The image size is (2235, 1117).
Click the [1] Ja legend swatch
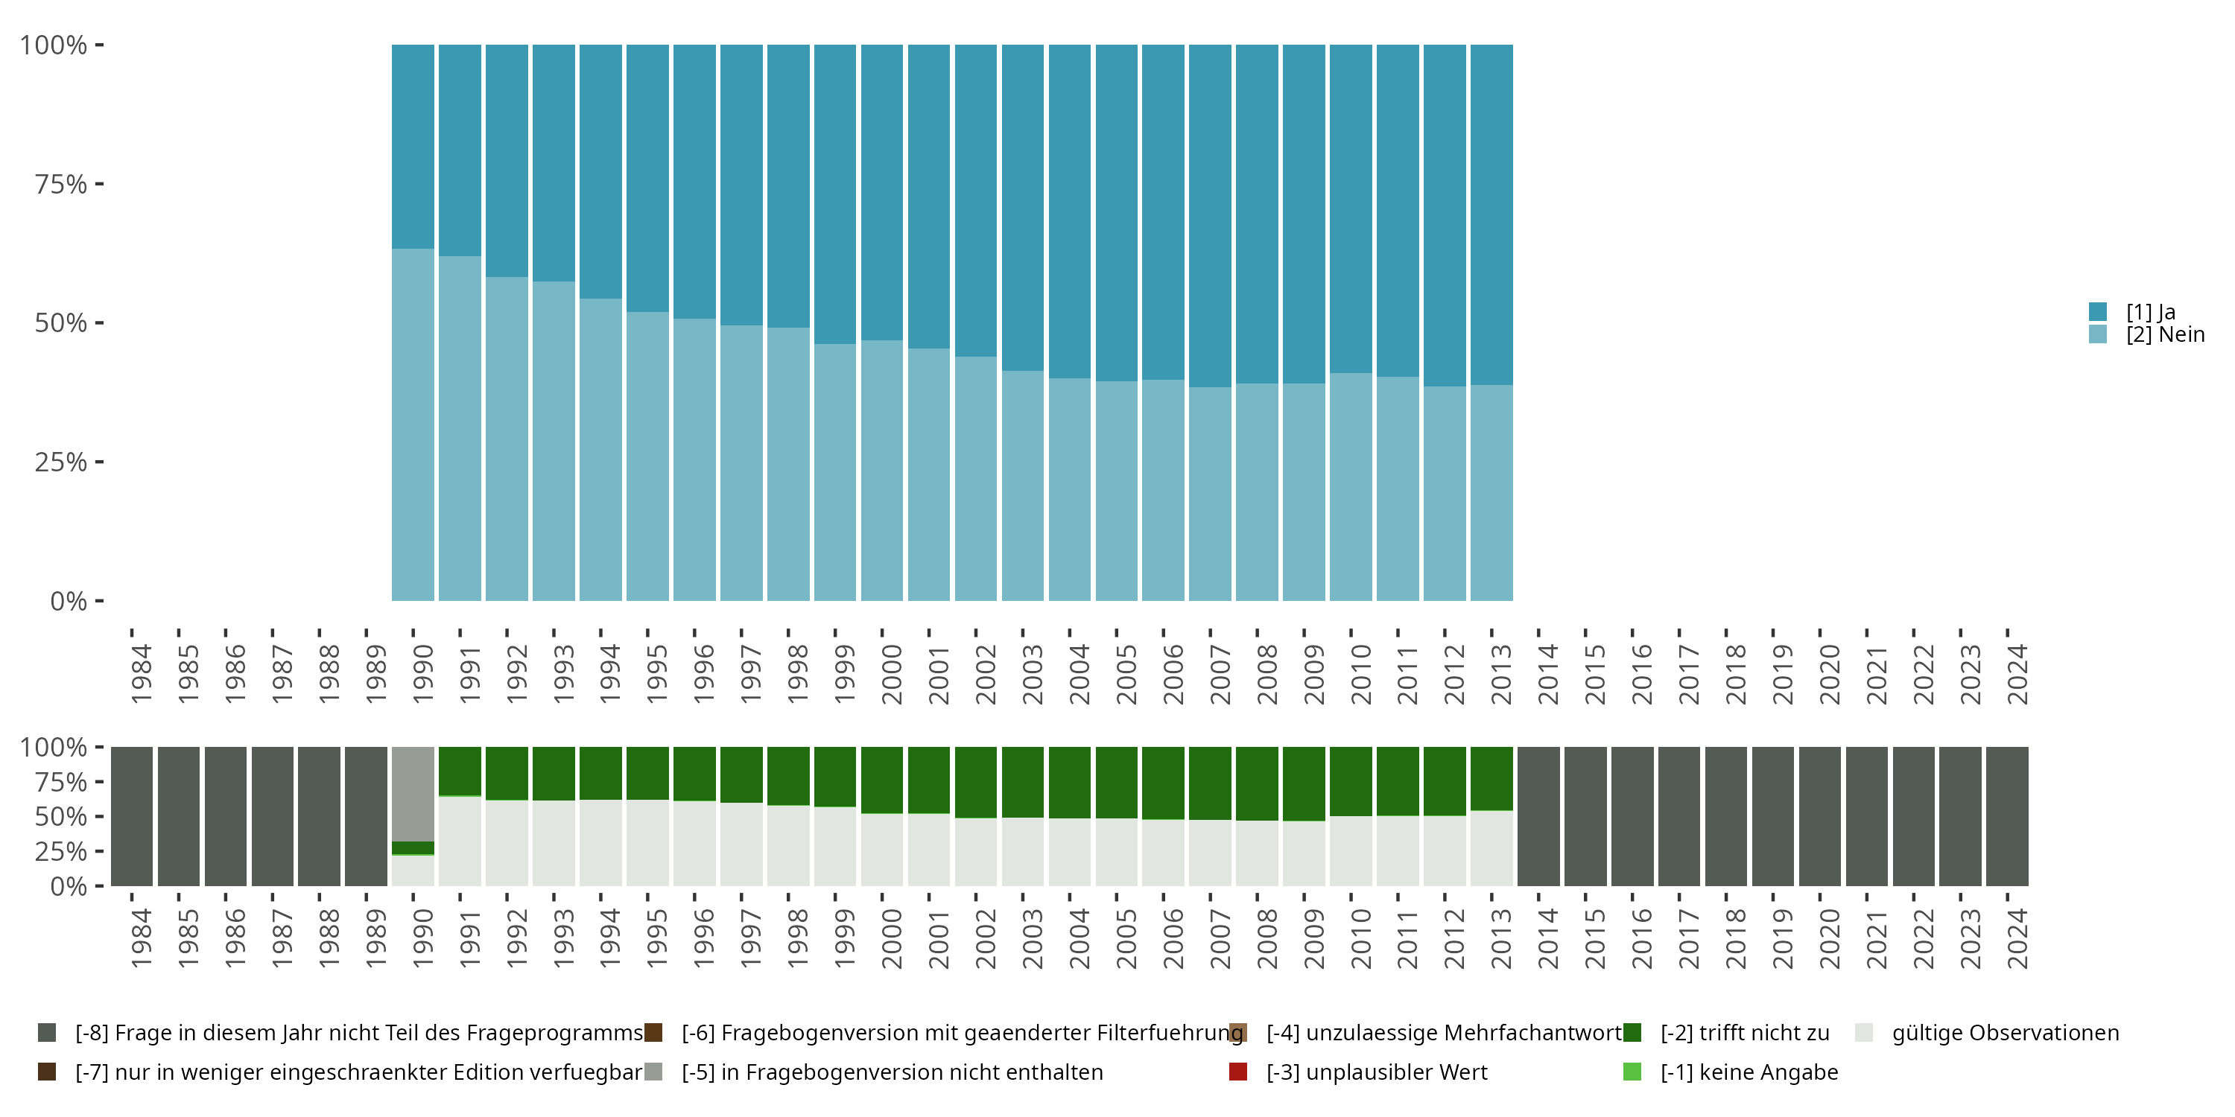point(2098,311)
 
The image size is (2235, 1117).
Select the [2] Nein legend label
point(2165,335)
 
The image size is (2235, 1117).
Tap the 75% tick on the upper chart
point(61,184)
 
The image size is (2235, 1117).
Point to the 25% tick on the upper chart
point(61,462)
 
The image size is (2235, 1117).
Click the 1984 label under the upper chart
point(141,674)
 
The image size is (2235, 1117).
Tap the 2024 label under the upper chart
point(2017,674)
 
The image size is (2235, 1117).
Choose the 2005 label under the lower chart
point(1126,938)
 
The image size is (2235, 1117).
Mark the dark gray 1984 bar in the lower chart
point(132,816)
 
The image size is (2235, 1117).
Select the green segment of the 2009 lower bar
point(1304,783)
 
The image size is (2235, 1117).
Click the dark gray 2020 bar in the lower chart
point(1819,816)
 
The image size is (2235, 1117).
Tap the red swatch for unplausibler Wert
point(1238,1072)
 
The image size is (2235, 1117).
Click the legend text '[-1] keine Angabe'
point(1749,1072)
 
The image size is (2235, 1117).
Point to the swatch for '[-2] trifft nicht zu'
point(1632,1033)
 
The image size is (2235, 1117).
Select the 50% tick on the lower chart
point(61,816)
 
